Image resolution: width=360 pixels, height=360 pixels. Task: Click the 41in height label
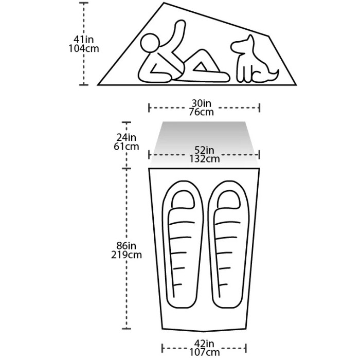[83, 40]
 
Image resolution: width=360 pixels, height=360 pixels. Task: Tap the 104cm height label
[84, 49]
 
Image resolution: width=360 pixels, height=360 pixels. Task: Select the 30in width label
[202, 103]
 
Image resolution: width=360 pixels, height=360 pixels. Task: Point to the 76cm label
[202, 112]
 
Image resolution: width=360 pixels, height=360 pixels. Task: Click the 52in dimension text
[204, 150]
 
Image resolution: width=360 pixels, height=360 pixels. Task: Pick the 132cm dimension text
[204, 158]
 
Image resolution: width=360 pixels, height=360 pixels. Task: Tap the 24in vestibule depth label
[127, 137]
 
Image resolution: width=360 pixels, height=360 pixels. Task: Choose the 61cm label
[127, 147]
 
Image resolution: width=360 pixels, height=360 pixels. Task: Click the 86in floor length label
[127, 246]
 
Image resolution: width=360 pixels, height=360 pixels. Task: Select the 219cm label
[127, 255]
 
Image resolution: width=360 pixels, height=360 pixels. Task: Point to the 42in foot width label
[204, 344]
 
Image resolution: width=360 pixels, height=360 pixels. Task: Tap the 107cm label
[204, 352]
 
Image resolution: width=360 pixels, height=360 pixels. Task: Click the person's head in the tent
[150, 43]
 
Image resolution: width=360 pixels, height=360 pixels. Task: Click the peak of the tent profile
[164, 3]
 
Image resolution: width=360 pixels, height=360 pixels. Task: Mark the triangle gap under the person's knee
[201, 67]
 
